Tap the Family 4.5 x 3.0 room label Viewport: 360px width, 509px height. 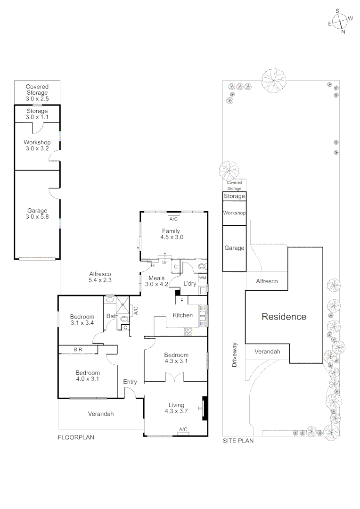171,234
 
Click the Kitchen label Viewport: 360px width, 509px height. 182,315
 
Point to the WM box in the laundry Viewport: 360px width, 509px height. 203,278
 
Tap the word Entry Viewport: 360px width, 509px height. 130,382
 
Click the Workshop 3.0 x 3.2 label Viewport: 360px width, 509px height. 37,145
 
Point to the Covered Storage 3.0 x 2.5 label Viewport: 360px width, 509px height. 37,93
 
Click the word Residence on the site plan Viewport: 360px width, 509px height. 284,317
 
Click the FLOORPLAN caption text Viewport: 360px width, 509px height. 76,437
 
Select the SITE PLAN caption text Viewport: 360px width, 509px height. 238,441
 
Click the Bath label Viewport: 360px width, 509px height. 112,316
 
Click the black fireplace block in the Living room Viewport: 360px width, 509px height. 205,407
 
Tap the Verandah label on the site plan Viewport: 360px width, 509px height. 267,352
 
